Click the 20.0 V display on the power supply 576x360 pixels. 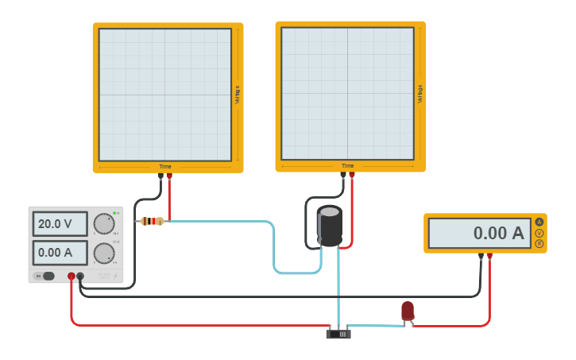pos(60,224)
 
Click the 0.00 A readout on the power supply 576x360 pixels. pos(60,253)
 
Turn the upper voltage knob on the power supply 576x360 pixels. pos(103,224)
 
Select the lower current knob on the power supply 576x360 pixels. pos(103,254)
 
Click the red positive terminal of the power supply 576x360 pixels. pos(71,276)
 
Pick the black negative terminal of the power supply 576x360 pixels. pos(80,276)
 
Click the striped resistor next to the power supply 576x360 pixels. pos(152,221)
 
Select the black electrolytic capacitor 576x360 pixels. pos(330,226)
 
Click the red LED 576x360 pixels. pos(408,311)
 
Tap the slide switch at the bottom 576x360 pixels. pos(338,334)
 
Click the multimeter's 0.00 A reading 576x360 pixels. pos(479,233)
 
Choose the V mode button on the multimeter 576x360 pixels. pos(539,233)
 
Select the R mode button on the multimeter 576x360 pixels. pos(539,243)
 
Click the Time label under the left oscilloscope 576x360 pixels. pos(165,166)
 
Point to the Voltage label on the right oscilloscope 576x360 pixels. pos(420,94)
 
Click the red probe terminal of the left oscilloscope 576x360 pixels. pos(169,176)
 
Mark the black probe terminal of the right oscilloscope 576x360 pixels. pos(343,175)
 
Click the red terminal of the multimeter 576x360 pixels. pos(489,256)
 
